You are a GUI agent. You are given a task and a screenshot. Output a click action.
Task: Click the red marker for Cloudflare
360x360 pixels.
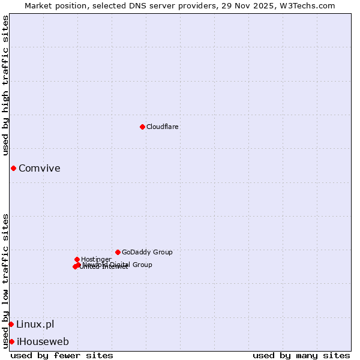point(142,127)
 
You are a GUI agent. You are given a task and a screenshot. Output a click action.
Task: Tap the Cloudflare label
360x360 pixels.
point(162,127)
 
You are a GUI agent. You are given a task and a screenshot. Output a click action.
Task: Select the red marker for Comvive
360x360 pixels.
point(13,168)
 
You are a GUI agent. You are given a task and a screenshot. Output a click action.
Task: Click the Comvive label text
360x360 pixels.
point(40,168)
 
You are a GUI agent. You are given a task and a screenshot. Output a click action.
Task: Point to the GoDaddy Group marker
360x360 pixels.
point(118,252)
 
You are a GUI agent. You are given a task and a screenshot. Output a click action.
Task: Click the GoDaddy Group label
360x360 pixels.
point(147,252)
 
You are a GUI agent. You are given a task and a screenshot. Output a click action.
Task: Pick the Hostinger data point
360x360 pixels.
point(77,259)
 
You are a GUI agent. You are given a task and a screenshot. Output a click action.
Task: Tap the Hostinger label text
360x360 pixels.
point(96,259)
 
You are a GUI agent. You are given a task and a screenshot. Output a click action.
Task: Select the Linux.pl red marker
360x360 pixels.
point(11,324)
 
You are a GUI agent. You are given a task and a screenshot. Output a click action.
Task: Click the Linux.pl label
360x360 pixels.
point(35,324)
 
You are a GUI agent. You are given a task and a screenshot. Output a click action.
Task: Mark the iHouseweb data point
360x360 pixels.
point(11,341)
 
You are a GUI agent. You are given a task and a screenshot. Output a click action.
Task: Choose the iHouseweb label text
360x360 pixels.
point(43,341)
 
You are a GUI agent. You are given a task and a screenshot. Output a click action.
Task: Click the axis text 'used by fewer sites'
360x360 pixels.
point(62,355)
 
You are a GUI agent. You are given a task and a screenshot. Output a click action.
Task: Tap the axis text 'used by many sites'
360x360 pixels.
point(301,355)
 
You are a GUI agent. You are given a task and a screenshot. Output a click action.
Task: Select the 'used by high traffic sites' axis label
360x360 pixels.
point(5,85)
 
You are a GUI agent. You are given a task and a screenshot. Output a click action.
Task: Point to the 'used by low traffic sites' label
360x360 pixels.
point(5,281)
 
